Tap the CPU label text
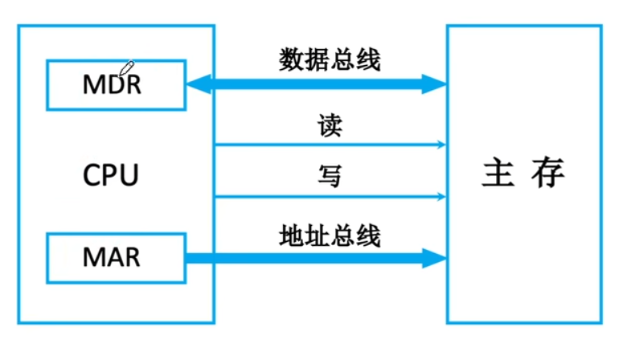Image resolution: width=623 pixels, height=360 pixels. [110, 175]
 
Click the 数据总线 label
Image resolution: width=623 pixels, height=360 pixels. [330, 59]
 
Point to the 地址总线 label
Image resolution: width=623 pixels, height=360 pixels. [330, 235]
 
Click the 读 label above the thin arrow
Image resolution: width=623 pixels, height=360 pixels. [330, 125]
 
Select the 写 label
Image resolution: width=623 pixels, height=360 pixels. [330, 176]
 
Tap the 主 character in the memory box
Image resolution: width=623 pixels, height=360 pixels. [498, 172]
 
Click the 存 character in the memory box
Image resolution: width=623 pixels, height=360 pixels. [548, 172]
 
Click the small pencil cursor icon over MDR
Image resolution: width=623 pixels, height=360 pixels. [127, 68]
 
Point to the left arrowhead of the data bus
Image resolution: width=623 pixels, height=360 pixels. [199, 84]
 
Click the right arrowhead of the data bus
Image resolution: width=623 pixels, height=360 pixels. [434, 84]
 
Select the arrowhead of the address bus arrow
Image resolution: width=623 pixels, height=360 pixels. [434, 258]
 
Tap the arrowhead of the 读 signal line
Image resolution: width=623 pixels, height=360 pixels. [441, 145]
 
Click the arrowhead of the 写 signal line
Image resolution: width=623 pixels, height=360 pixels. [441, 196]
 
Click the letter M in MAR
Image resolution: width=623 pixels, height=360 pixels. [92, 257]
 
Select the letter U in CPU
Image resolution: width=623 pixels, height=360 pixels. [129, 175]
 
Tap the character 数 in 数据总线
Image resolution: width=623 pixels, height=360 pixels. [291, 59]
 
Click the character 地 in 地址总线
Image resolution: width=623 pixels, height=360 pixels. [291, 235]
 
